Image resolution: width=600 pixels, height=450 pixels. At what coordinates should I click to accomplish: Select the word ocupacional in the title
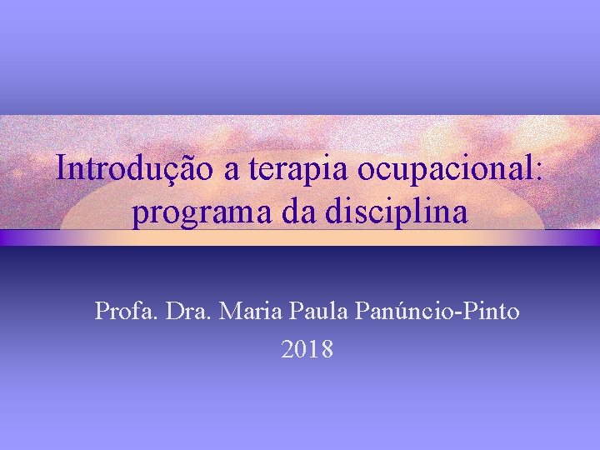[446, 171]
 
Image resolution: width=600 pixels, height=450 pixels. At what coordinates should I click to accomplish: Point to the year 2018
[307, 350]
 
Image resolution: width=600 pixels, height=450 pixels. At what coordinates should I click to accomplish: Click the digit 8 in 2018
[327, 350]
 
